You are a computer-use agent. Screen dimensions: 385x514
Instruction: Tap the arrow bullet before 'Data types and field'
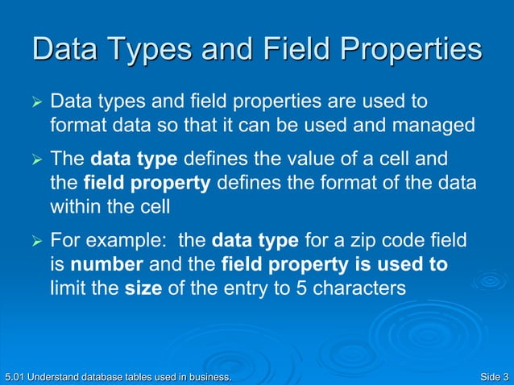[x=35, y=104]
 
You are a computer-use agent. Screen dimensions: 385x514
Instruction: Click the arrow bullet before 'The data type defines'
[x=35, y=159]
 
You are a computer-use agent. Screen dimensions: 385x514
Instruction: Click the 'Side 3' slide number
[x=493, y=376]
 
